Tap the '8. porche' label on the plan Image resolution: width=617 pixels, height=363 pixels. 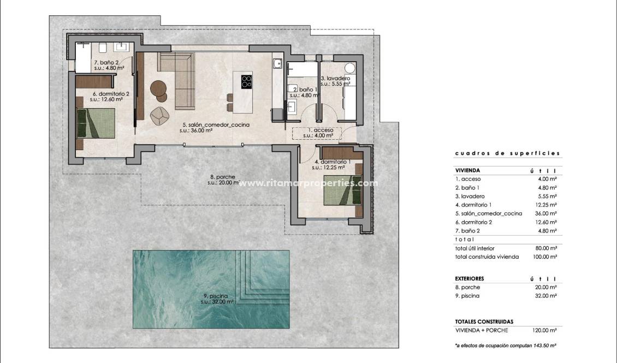pos(222,177)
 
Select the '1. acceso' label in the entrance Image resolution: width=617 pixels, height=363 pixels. pos(317,130)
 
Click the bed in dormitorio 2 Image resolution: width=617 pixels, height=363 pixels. pos(96,122)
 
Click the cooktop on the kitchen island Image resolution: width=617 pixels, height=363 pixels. pos(247,81)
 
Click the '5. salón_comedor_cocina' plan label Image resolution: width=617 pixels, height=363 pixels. pos(216,125)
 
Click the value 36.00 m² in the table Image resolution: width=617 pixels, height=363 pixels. pos(545,213)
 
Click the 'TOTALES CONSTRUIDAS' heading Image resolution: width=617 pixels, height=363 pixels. pos(484,322)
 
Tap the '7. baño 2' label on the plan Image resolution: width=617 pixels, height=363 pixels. pos(106,63)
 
